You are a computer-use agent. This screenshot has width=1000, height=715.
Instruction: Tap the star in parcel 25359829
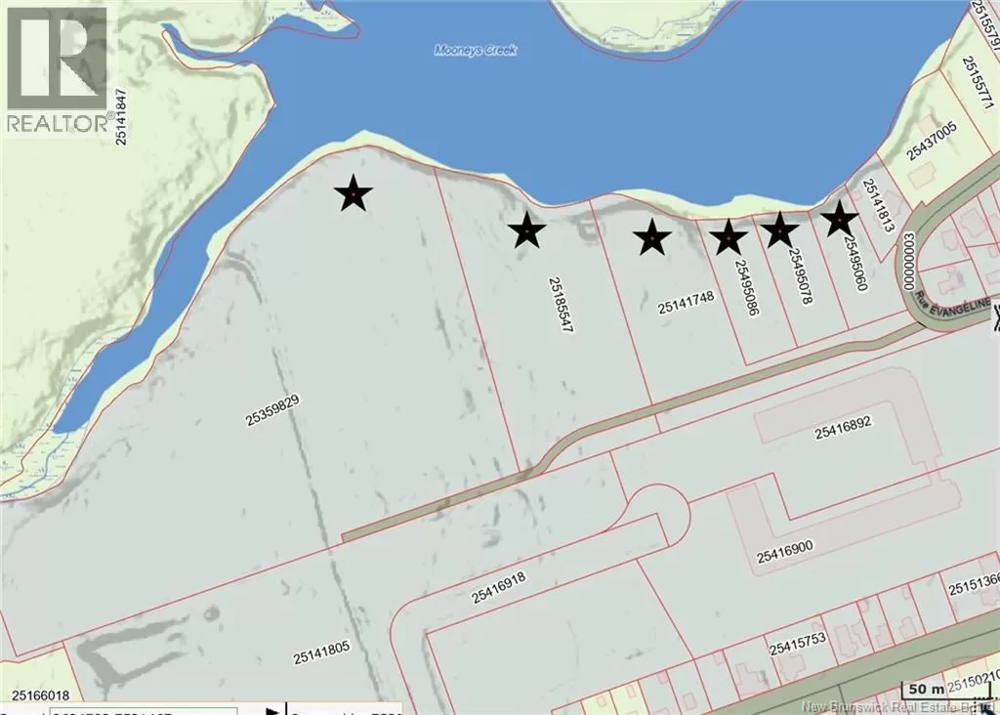click(353, 194)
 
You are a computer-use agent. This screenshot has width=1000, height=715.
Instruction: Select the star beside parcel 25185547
click(526, 231)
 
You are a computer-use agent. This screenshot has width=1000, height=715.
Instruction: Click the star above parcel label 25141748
click(651, 237)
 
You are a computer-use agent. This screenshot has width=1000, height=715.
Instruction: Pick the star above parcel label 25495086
click(728, 236)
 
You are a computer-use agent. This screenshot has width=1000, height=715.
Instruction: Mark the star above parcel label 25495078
click(779, 231)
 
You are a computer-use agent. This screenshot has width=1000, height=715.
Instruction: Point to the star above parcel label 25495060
click(839, 219)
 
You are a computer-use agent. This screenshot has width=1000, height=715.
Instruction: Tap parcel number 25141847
click(122, 117)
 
